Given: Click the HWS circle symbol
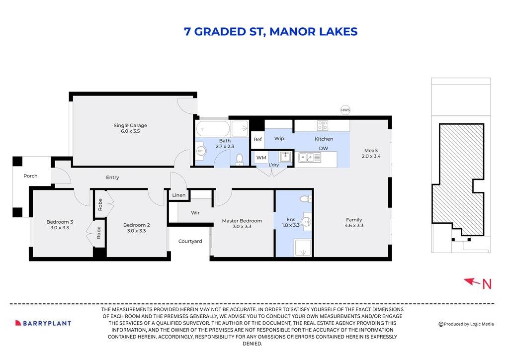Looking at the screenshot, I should coord(345,110).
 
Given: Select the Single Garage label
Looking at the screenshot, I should coord(130,126).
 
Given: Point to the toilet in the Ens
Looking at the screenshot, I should coord(304,199).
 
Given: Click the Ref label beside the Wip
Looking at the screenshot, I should coord(257,140).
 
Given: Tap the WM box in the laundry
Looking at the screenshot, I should coord(260,158).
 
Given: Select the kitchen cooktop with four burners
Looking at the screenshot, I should coord(323,126).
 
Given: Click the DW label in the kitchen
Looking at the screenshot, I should coord(323,148).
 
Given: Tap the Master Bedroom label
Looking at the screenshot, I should coord(242,221).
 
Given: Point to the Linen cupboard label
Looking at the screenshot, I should coord(179,195).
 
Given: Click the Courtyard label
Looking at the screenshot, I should coord(190,241).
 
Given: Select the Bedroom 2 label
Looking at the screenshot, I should coord(136,225).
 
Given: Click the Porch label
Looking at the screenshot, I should coord(30,176).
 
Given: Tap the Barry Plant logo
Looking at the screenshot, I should coord(43,323).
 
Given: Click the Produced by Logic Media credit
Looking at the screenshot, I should coord(466,324).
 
